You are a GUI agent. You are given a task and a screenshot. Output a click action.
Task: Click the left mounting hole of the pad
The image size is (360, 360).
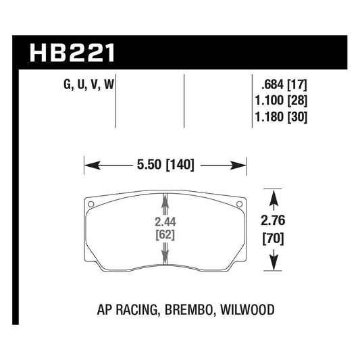pyautogui.click(x=91, y=203)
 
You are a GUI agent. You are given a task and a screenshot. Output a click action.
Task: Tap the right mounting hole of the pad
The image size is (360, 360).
pyautogui.click(x=238, y=203)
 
